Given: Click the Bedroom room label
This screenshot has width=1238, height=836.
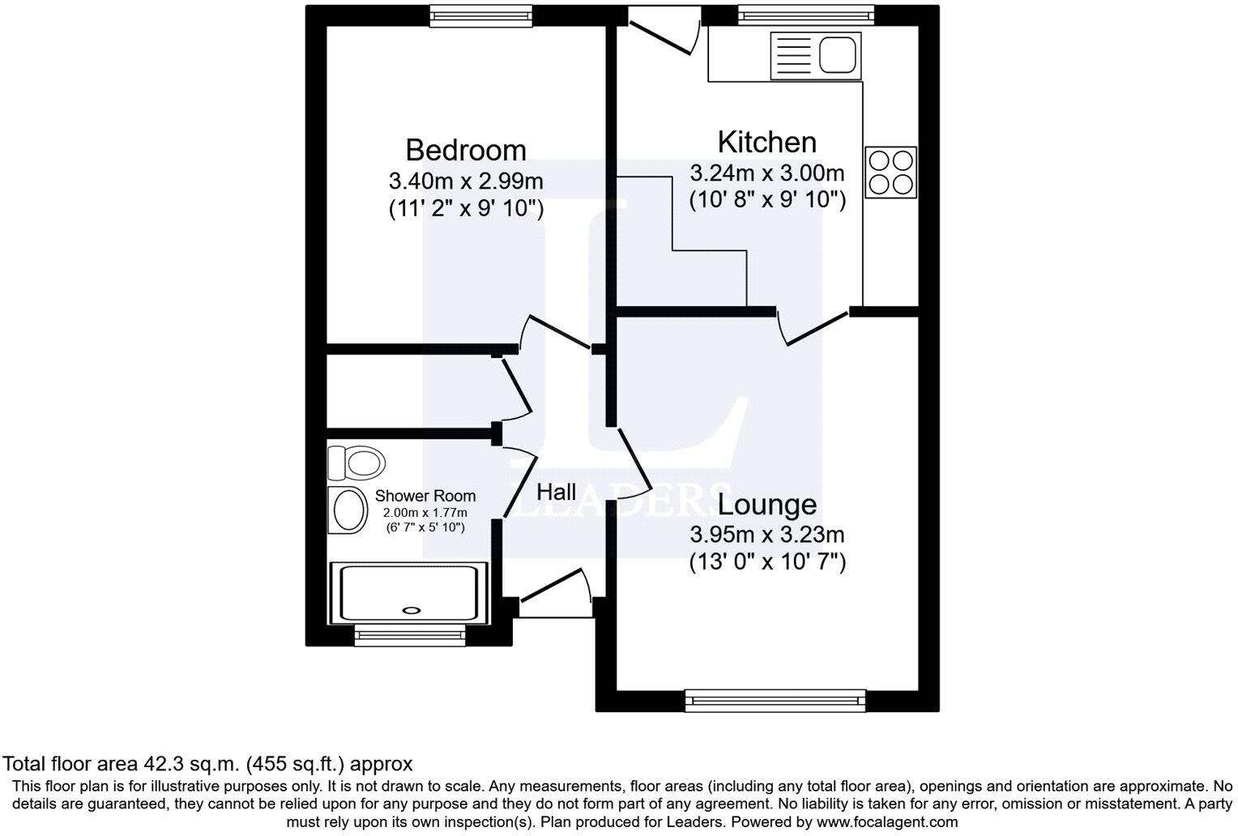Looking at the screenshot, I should (465, 150).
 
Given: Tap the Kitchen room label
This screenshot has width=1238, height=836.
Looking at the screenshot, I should (766, 142).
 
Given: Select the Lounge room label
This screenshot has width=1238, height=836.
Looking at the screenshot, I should (766, 505).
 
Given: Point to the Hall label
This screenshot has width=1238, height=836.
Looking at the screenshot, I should (557, 492).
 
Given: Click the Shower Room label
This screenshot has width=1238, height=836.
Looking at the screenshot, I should (425, 496).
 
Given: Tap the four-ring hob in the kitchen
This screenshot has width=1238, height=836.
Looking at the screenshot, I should (890, 172).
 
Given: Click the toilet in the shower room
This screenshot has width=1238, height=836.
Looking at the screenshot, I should (356, 463).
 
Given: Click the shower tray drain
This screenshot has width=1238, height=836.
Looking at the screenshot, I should (412, 611).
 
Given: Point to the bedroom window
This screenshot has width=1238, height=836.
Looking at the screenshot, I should (480, 15).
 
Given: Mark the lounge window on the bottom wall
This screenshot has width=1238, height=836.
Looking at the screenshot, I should (775, 701).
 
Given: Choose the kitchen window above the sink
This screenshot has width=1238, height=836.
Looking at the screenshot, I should (805, 15).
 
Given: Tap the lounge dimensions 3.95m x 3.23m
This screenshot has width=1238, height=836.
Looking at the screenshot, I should (766, 535).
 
